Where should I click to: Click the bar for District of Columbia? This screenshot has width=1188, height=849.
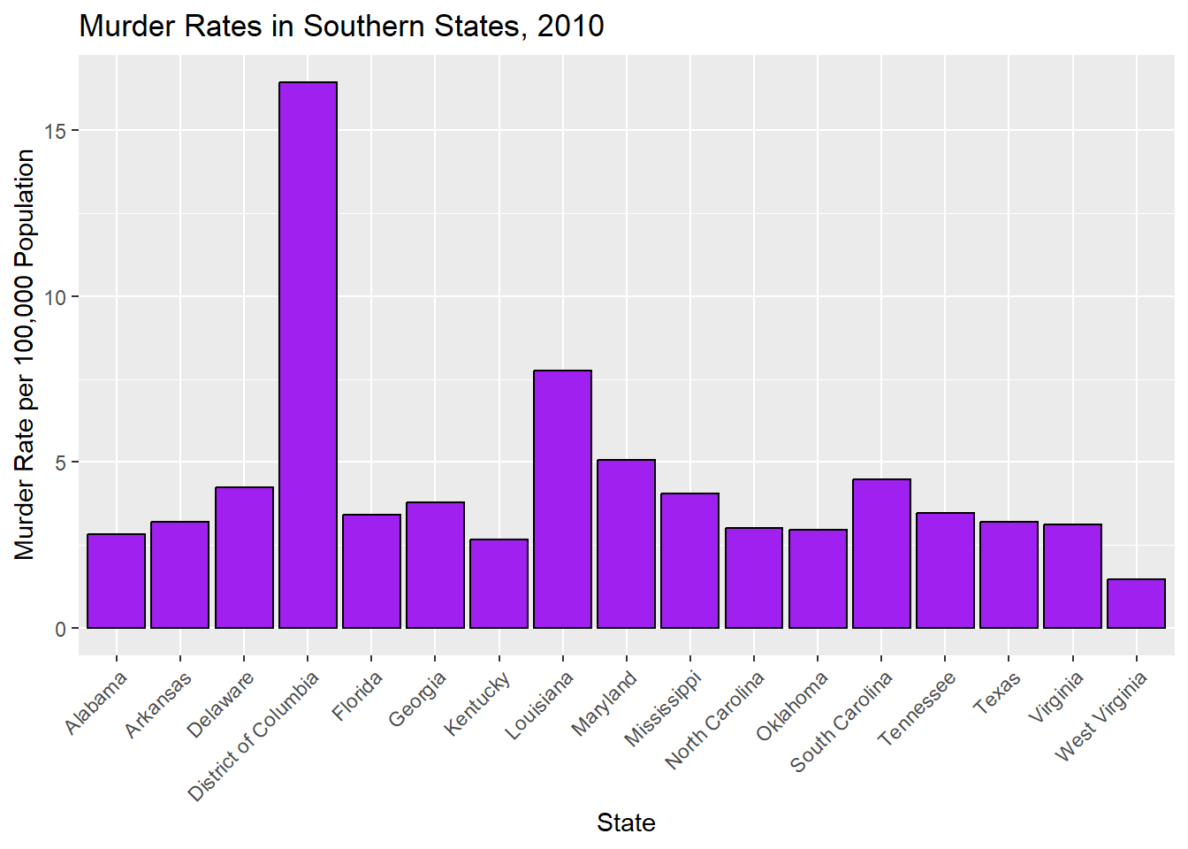coord(308,355)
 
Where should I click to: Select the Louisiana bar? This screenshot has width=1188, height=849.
coord(562,499)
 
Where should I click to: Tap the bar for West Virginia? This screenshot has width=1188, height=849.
coord(1136,603)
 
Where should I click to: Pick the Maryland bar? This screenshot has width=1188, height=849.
coord(626,543)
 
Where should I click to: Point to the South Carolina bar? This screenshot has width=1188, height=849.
coord(881,553)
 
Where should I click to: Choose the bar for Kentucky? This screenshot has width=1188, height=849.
coord(499,583)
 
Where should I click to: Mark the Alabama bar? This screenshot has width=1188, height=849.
coord(116,580)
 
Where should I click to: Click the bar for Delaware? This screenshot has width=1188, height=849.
coord(244,557)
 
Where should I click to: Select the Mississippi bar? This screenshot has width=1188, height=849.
coord(689,560)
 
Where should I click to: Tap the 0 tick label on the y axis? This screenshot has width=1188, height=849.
coord(60,629)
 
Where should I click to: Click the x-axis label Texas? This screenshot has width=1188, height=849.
coord(997,692)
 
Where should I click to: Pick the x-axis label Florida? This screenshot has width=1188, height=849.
coord(358,696)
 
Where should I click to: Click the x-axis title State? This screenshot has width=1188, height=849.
coord(626,822)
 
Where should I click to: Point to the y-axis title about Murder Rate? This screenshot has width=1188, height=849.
coord(25,354)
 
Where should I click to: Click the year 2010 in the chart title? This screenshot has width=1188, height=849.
coord(571,27)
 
